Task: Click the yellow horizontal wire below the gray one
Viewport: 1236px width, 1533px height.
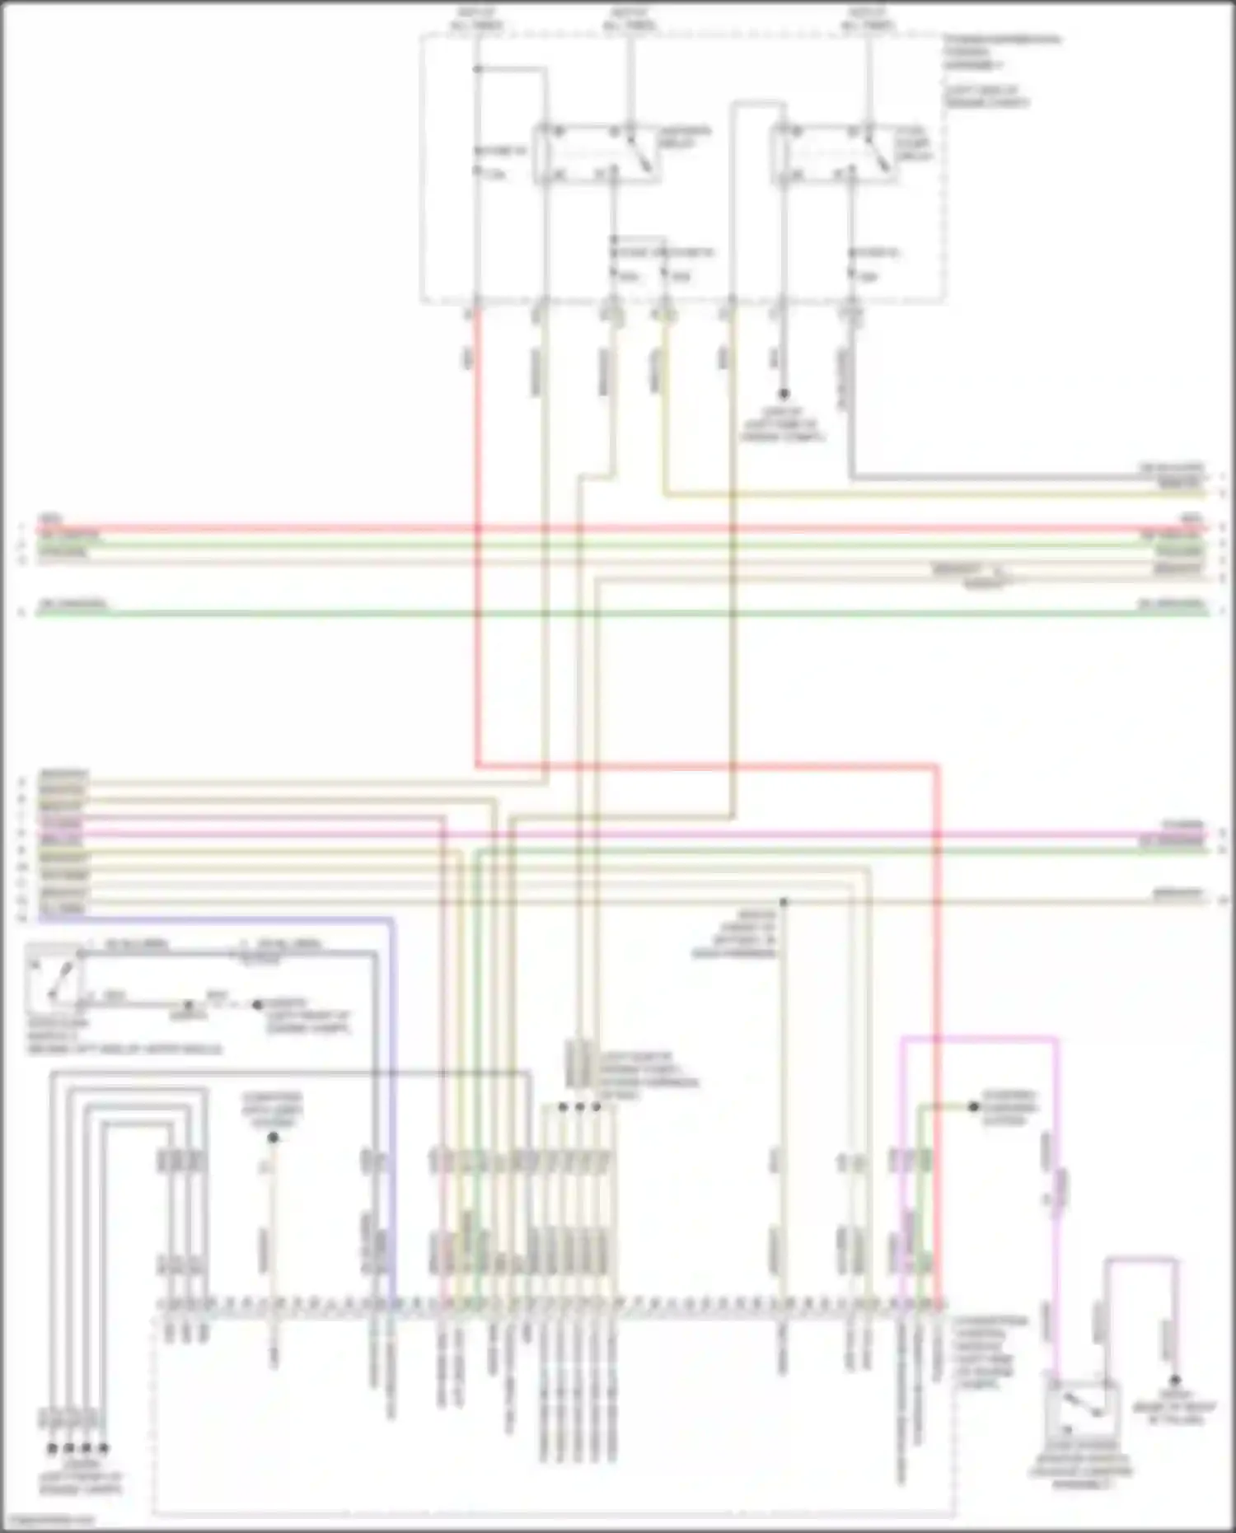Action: (906, 495)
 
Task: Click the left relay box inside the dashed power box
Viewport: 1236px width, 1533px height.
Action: (595, 153)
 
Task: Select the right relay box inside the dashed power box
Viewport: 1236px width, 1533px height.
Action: (832, 153)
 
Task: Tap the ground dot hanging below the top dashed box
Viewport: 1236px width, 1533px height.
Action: (784, 394)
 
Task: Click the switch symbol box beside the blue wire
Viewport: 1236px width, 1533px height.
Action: (54, 979)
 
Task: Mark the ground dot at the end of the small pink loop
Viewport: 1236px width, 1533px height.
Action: (1176, 1380)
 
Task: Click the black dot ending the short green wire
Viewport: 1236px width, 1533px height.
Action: (973, 1106)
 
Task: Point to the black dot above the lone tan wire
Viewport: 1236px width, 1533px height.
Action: (273, 1138)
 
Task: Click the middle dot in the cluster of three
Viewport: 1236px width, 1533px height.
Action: (580, 1107)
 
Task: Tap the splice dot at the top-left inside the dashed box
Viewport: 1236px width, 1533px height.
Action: (477, 69)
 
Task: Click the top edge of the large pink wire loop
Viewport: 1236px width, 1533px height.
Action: (979, 1040)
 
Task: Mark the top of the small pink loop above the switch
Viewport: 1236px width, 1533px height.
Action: (1141, 1259)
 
